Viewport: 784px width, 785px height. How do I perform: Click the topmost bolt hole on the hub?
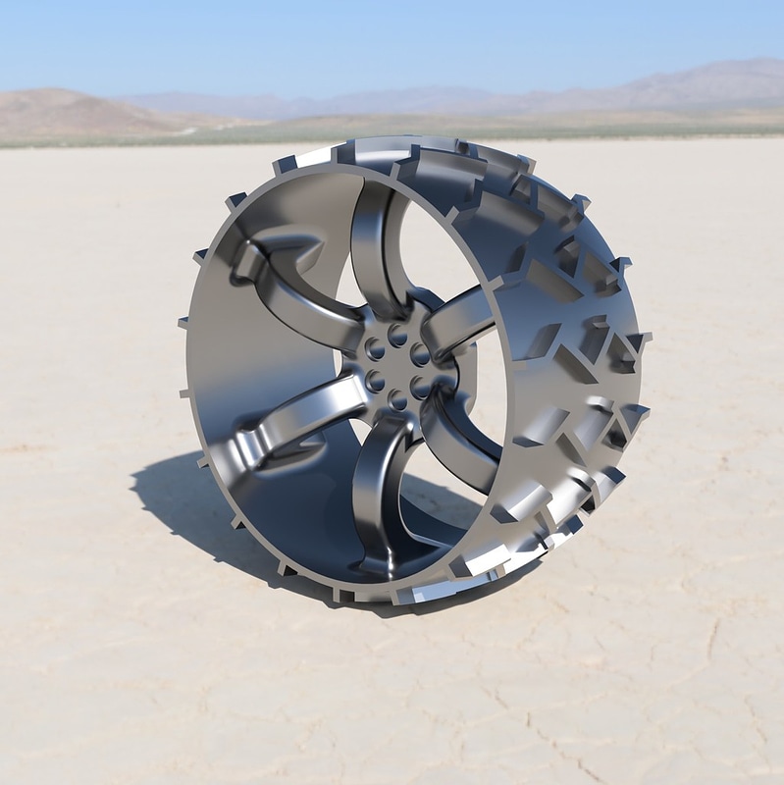pos(397,336)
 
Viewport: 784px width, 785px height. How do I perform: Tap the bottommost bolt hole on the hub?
pos(397,398)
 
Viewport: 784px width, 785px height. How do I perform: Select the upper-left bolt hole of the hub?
pos(375,348)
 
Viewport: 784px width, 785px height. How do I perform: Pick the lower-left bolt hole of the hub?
pos(375,381)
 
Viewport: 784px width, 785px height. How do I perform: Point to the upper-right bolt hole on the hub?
pos(420,353)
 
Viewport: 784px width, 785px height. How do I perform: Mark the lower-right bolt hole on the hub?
pos(421,387)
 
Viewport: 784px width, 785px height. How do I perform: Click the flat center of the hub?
pos(397,367)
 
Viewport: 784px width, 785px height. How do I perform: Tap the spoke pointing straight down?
pos(377,491)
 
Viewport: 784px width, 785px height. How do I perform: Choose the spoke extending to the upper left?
pos(294,294)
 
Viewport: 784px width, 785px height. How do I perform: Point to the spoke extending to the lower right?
pos(461,442)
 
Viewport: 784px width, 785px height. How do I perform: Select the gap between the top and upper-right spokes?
pos(432,255)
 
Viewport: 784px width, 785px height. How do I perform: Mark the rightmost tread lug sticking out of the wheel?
pos(643,339)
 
